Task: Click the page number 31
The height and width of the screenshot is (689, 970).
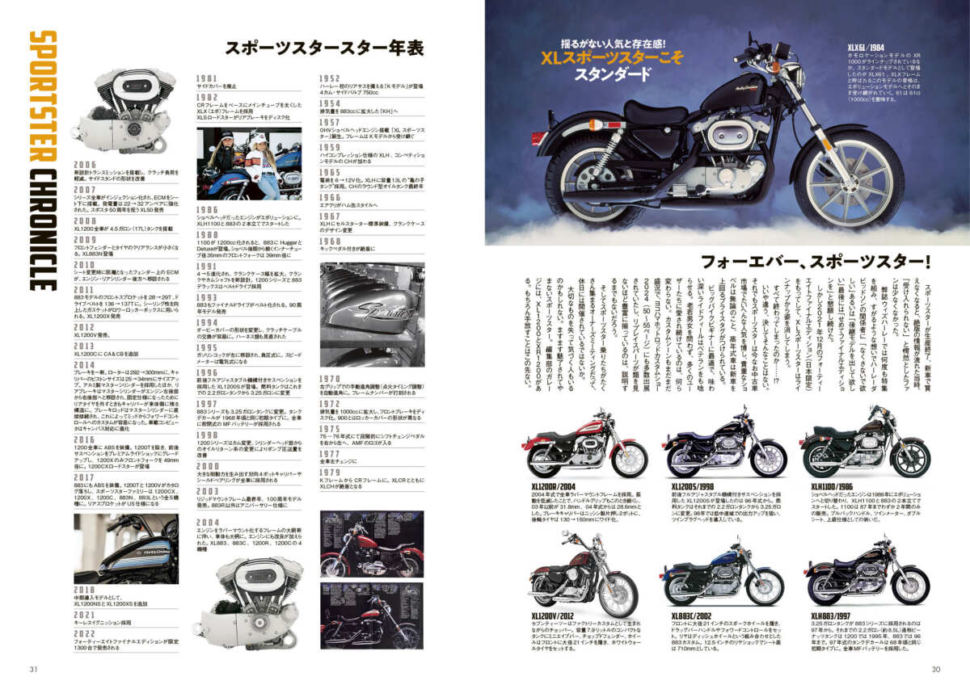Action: tap(33, 668)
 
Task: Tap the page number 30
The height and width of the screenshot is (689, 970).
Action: tap(936, 668)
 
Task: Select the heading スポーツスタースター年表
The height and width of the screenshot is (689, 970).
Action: tap(326, 48)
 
